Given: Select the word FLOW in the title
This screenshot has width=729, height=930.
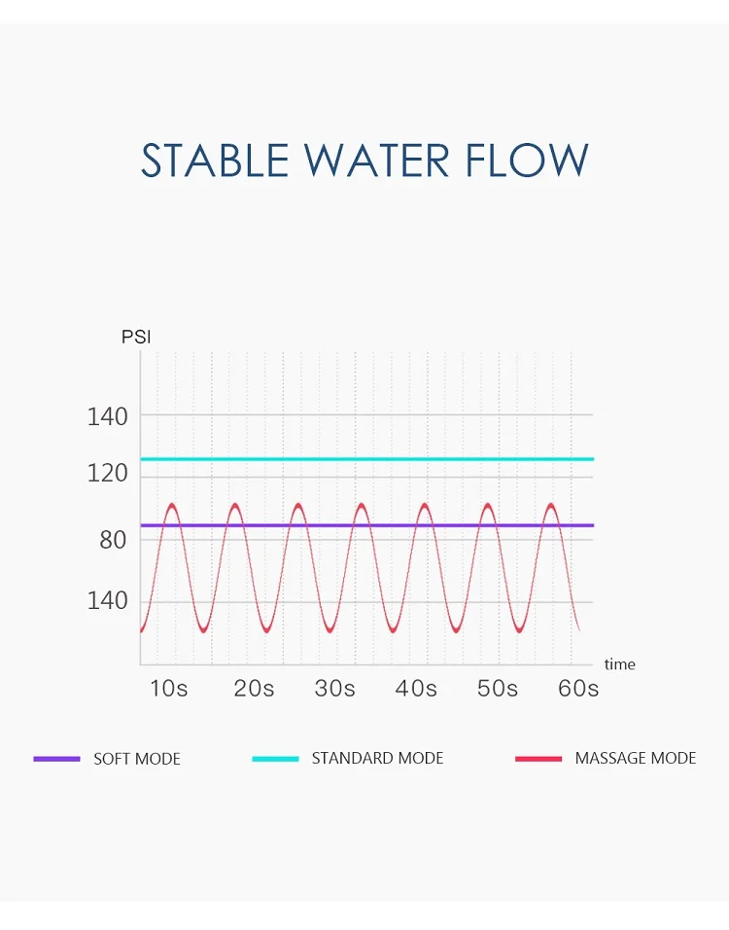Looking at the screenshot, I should (x=526, y=161).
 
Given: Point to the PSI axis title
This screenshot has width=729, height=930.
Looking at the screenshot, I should (x=136, y=338).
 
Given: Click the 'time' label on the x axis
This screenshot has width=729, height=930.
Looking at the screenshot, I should (x=619, y=664).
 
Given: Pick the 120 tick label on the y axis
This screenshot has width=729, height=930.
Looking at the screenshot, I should (x=107, y=474).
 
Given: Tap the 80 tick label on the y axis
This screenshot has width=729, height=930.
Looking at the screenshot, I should (x=113, y=540).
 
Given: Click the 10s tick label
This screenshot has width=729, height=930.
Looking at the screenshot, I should (x=168, y=689).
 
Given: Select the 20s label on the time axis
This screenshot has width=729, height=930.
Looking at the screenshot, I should (x=254, y=689).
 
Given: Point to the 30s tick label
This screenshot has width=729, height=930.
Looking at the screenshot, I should (x=335, y=689).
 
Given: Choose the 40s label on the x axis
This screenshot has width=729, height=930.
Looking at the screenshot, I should (x=416, y=689).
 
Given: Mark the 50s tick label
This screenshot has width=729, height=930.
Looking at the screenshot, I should (x=498, y=689).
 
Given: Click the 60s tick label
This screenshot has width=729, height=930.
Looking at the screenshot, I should (x=578, y=689).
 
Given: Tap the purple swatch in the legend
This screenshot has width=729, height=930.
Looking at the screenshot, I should (x=56, y=759).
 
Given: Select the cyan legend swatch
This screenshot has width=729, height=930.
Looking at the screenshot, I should (x=275, y=759).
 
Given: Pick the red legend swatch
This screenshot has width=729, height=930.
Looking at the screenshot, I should (x=538, y=759).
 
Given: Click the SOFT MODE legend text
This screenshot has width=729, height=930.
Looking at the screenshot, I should (x=137, y=759).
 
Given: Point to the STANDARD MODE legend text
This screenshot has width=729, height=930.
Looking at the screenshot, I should (x=377, y=758).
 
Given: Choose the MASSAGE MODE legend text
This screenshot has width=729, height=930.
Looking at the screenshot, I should (x=636, y=758).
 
